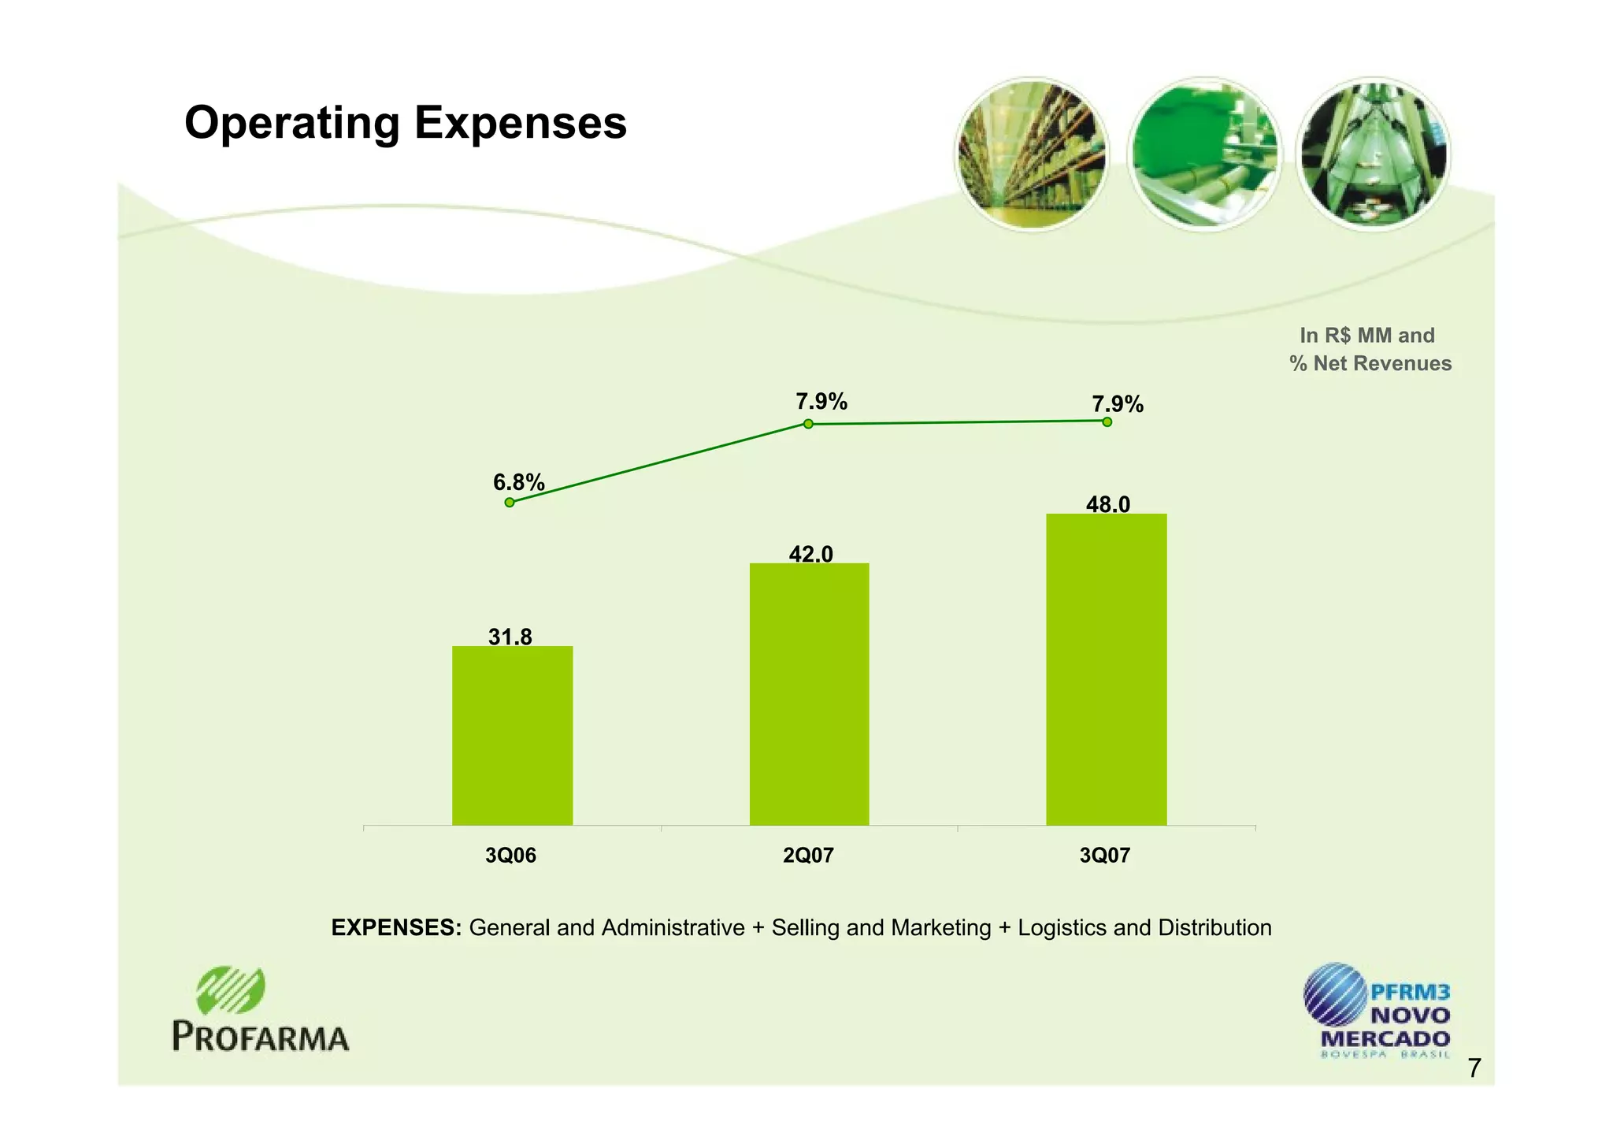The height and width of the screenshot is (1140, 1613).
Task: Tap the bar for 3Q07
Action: (1106, 670)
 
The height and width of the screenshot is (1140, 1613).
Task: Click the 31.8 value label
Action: (510, 637)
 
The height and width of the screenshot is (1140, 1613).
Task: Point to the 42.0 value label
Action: (810, 555)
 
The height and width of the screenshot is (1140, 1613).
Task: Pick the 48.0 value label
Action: (1107, 504)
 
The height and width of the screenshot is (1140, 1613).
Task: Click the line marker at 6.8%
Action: (510, 502)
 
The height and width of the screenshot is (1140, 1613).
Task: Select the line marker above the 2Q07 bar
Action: (808, 424)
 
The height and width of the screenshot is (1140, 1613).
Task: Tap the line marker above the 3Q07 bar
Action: (1107, 421)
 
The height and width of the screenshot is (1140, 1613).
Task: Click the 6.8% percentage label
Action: (519, 481)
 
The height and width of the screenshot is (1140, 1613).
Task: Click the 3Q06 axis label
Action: (510, 856)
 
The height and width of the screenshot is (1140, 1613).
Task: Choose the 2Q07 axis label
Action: (808, 856)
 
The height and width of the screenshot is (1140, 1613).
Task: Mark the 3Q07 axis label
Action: (1105, 856)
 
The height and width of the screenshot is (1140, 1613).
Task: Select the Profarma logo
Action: (260, 1010)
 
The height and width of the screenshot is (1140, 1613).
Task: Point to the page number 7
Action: (1474, 1068)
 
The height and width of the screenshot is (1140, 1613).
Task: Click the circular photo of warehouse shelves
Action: (1031, 154)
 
